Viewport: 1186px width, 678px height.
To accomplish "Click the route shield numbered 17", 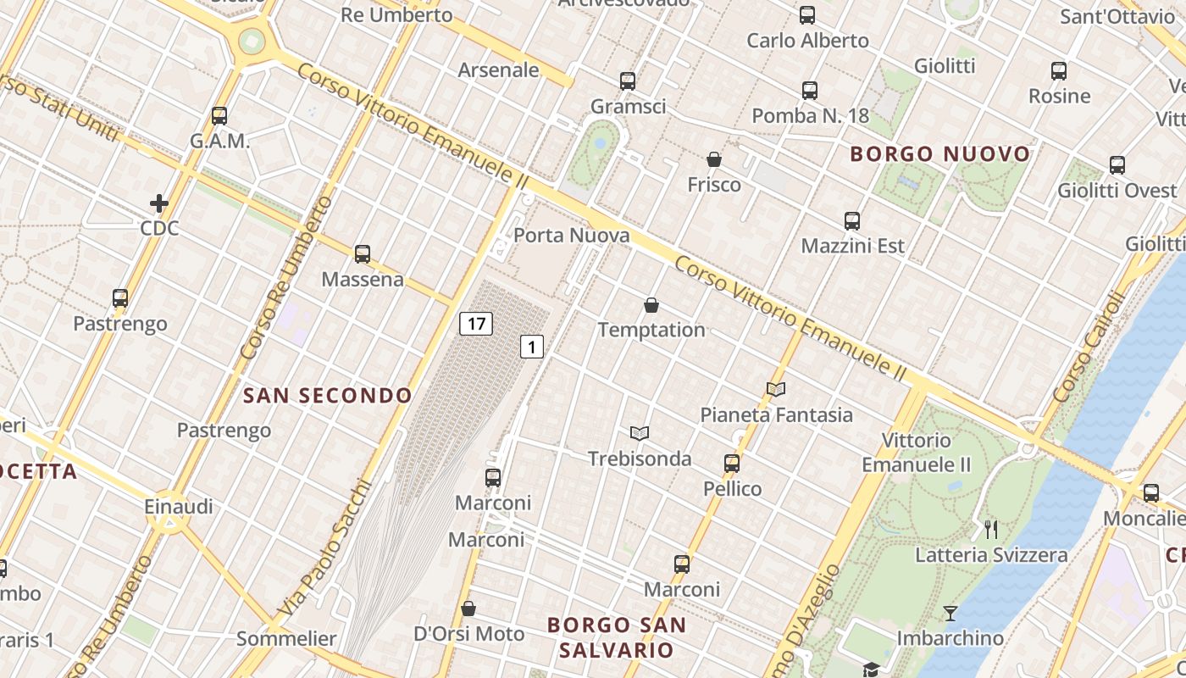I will (x=476, y=323).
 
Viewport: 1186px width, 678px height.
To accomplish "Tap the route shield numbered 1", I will (x=531, y=346).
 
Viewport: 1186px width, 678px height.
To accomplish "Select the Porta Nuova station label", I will (x=572, y=235).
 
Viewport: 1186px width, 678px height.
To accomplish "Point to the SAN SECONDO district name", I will (x=328, y=395).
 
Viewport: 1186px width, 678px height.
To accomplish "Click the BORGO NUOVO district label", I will (x=940, y=154).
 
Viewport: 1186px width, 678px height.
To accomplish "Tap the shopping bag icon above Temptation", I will (x=651, y=305).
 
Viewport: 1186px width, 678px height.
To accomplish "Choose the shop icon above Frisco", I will (x=714, y=159).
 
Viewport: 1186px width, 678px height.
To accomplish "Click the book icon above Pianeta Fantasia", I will (x=776, y=389).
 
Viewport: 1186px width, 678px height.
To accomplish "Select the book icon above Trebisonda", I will (x=640, y=433).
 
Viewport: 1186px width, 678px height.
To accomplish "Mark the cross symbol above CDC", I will (x=159, y=203).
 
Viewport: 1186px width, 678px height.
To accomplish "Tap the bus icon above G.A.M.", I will (x=219, y=115).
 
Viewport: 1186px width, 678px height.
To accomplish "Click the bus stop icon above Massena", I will (x=363, y=253).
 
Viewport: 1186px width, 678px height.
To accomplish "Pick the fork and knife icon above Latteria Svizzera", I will (x=991, y=530).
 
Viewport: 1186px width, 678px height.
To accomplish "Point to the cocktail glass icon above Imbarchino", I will (x=950, y=613).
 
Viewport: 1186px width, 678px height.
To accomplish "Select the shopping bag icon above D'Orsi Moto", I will (x=468, y=609).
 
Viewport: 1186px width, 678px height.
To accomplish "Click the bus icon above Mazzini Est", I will (x=852, y=221).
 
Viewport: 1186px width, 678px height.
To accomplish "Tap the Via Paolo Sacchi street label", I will (x=325, y=549).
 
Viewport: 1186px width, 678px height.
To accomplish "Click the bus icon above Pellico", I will (x=732, y=464).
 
